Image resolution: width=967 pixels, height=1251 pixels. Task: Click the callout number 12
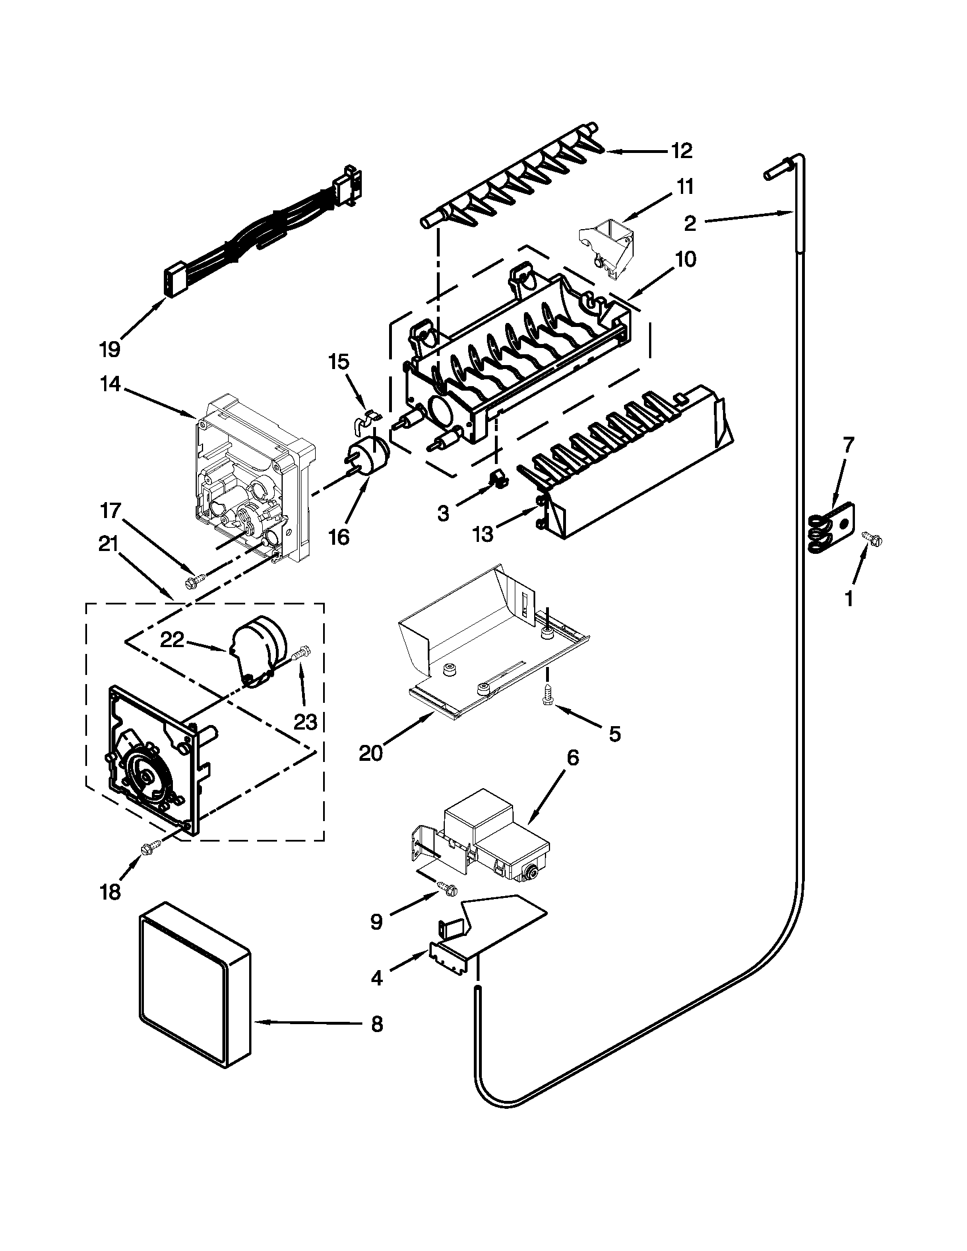(x=681, y=151)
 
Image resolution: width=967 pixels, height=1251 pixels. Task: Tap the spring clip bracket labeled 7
(x=830, y=526)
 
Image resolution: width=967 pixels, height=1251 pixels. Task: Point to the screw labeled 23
(x=301, y=653)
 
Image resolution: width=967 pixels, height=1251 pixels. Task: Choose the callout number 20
(x=371, y=753)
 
